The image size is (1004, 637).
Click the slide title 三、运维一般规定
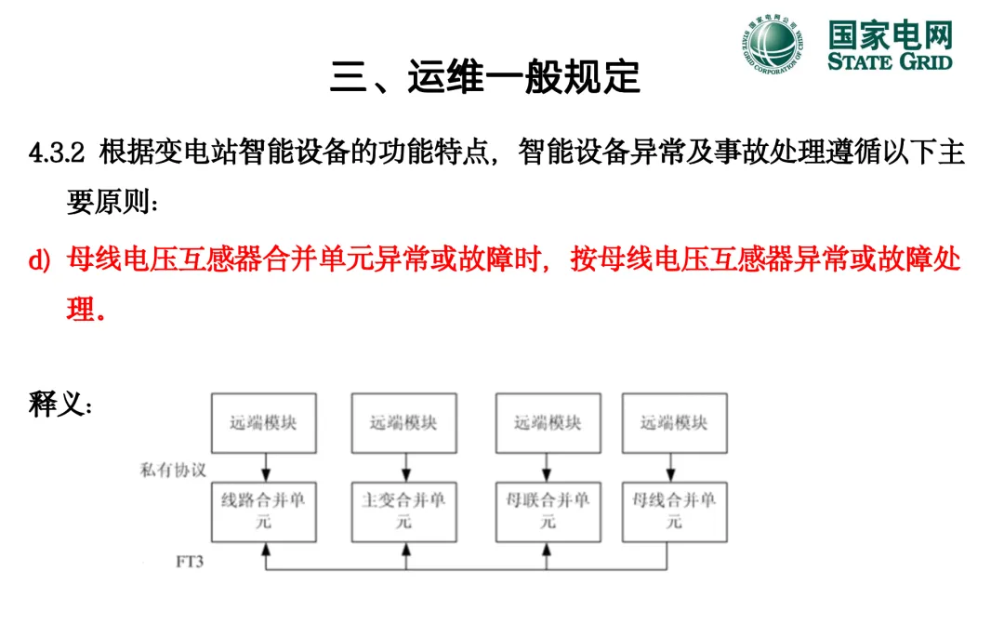click(x=485, y=77)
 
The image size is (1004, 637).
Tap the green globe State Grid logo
click(x=772, y=45)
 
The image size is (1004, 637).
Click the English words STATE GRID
click(x=890, y=61)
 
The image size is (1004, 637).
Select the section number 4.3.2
click(x=58, y=153)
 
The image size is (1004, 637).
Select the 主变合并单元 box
click(x=404, y=512)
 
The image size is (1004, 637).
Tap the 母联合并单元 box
click(x=548, y=512)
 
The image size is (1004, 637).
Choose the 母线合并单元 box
click(x=674, y=512)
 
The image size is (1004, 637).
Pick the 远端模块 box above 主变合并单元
click(x=404, y=423)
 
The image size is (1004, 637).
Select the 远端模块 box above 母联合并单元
click(x=548, y=423)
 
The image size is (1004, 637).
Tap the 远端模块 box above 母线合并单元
click(x=674, y=423)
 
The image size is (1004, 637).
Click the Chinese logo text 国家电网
click(x=890, y=35)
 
